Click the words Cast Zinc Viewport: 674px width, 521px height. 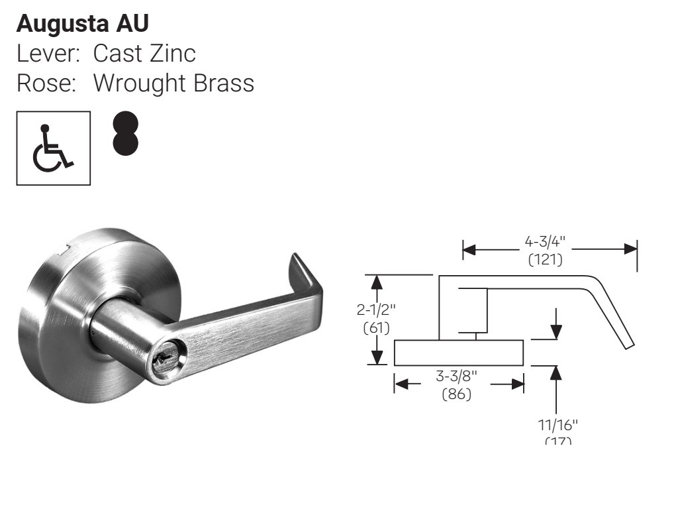(x=144, y=53)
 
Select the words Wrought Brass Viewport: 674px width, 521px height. (x=173, y=83)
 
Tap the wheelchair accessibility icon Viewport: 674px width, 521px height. (x=53, y=148)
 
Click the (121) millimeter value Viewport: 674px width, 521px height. (x=546, y=259)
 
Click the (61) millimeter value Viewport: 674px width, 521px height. (x=376, y=327)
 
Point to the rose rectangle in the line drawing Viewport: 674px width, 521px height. (x=458, y=353)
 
